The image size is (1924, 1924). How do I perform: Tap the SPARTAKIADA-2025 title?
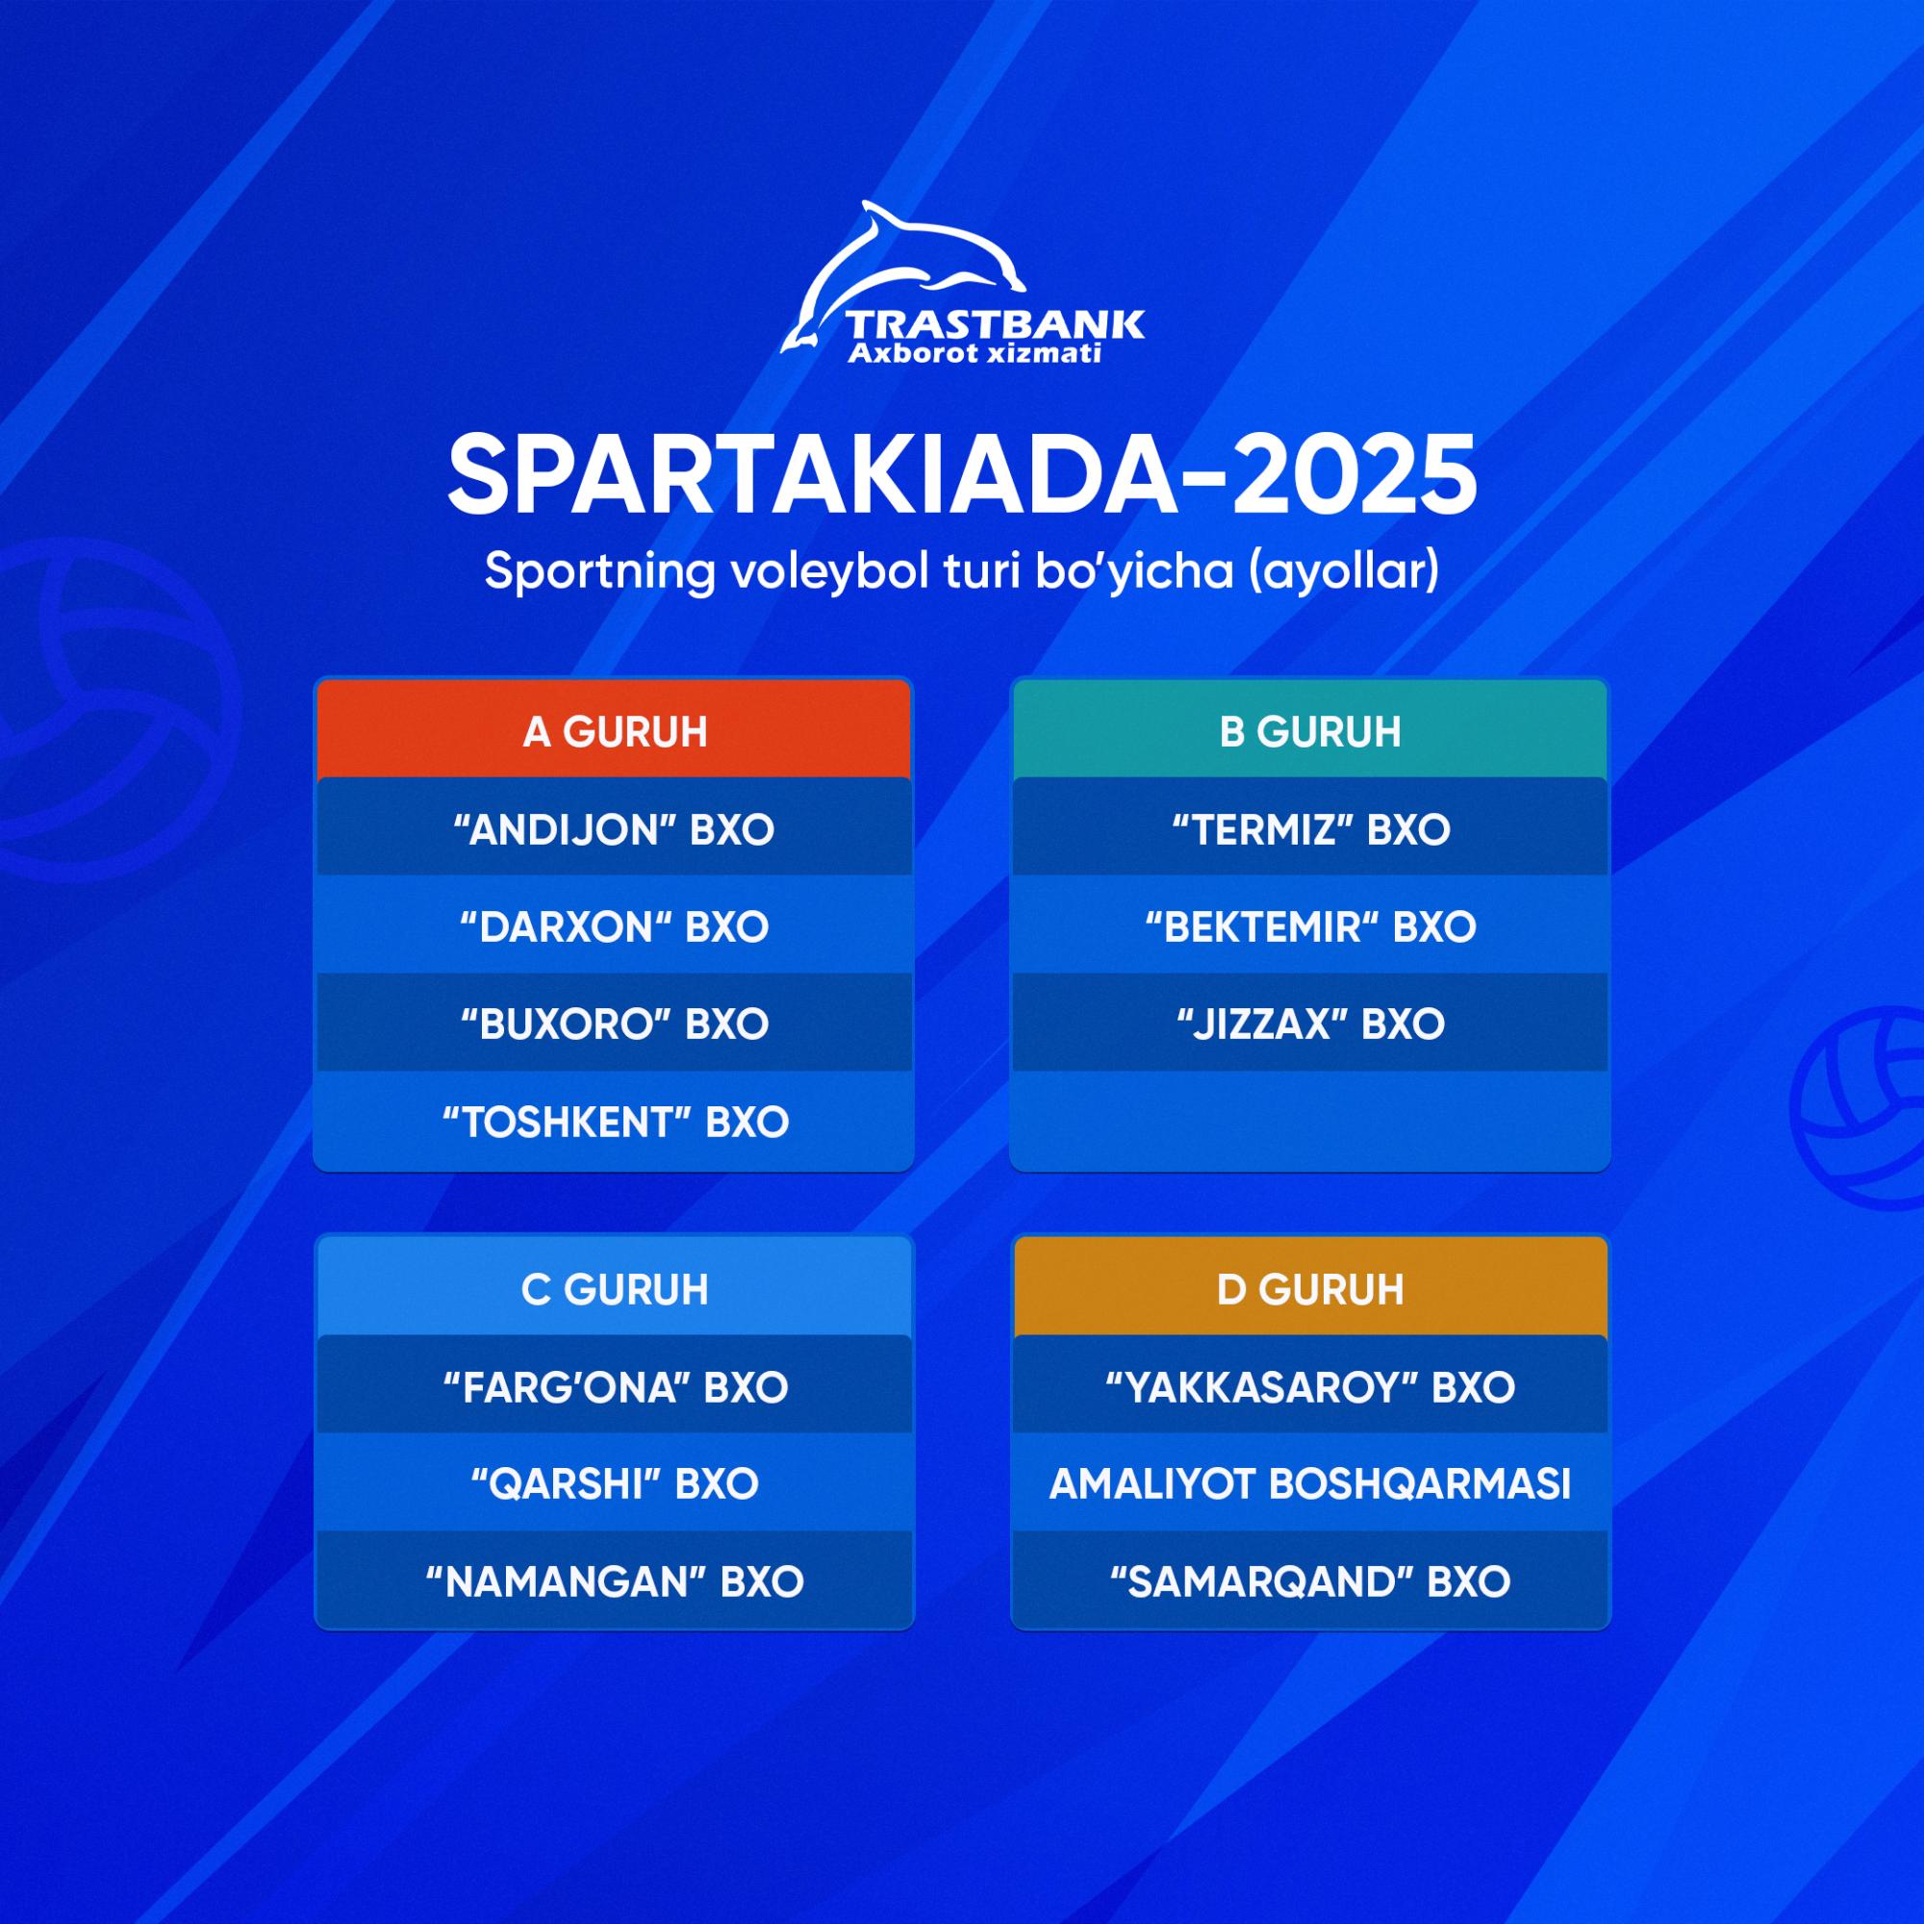coord(962,476)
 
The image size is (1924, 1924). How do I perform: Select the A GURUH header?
coord(615,732)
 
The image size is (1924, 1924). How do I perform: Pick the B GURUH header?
coord(1310,732)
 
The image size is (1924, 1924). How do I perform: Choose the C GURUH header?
coord(615,1290)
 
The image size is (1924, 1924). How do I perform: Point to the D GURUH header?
coord(1310,1290)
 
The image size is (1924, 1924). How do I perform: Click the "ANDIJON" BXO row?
coord(615,828)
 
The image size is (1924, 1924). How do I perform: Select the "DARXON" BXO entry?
coord(615,926)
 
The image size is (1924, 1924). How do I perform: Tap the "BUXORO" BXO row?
coord(615,1024)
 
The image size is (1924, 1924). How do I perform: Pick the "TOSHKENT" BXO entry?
coord(615,1122)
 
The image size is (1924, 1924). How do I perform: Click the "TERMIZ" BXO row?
coord(1310,828)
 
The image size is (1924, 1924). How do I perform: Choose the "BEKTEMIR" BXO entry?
coord(1310,926)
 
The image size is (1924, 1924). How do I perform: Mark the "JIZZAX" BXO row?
coord(1310,1024)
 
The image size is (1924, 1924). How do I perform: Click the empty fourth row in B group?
coord(1310,1122)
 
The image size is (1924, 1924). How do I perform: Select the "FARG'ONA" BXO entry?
coord(615,1386)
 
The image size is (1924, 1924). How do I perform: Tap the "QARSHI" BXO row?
coord(615,1483)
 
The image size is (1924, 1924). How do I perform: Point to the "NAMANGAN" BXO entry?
coord(615,1582)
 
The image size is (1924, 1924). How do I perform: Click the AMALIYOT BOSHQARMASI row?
coord(1310,1483)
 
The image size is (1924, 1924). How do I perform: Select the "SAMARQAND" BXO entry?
coord(1310,1582)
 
